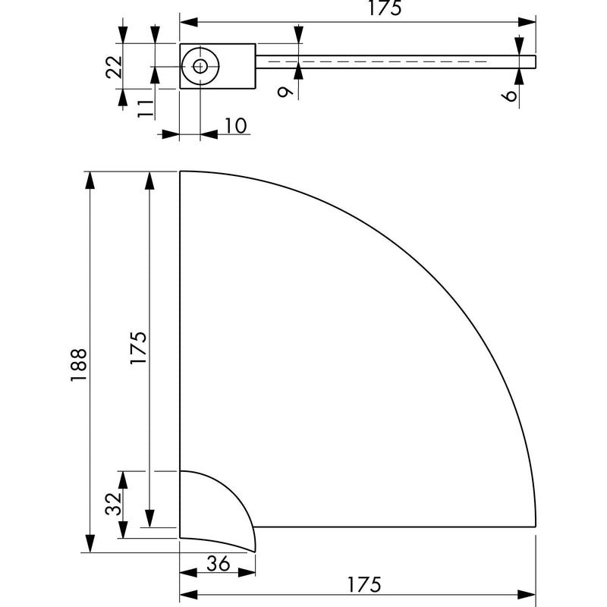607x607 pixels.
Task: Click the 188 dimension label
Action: pos(79,365)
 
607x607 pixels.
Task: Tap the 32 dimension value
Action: pos(113,504)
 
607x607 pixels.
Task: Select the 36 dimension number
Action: pos(219,564)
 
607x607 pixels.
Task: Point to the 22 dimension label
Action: pos(114,67)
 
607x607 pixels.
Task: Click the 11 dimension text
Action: pos(146,108)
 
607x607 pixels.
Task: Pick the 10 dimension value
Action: pos(235,125)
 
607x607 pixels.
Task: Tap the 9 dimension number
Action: pos(286,92)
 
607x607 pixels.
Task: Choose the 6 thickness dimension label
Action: pos(511,96)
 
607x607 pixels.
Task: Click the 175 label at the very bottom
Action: pos(364,584)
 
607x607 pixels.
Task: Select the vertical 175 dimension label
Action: pos(139,348)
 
